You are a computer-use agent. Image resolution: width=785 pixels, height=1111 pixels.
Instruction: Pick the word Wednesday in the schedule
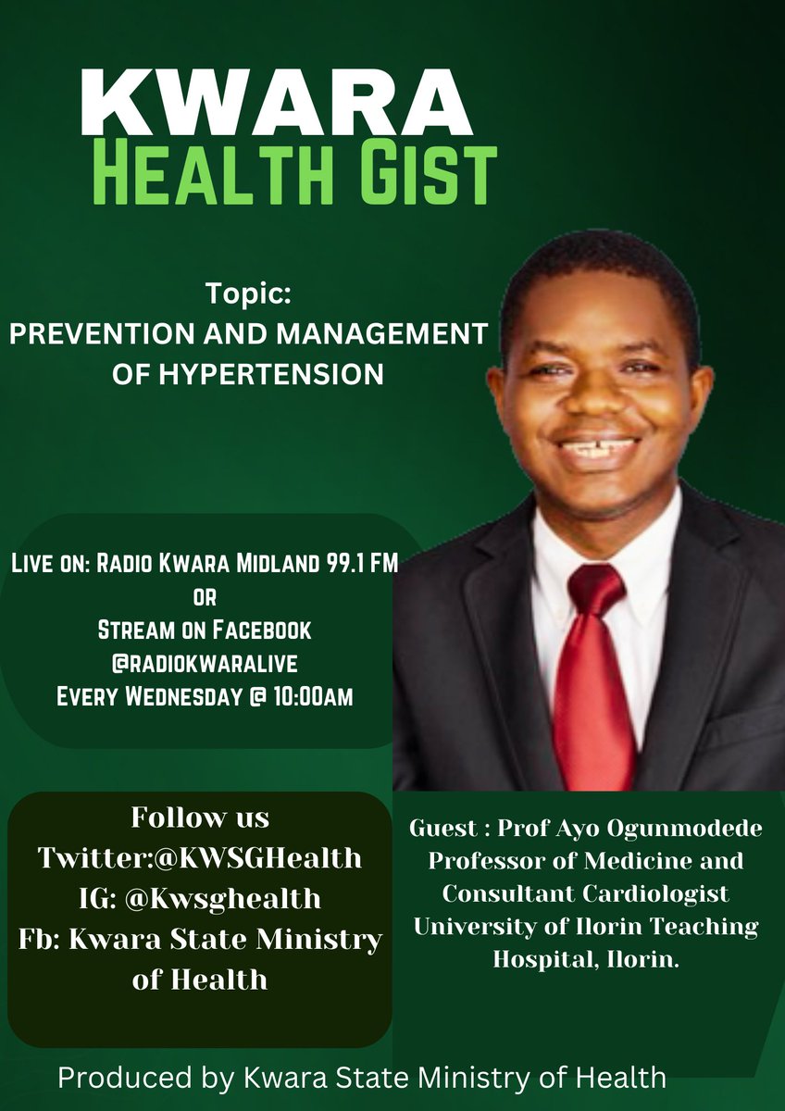point(181,695)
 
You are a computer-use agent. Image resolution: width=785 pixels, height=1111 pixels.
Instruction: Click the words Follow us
point(200,818)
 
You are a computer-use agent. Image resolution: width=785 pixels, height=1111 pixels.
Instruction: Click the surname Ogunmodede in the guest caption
point(689,830)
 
